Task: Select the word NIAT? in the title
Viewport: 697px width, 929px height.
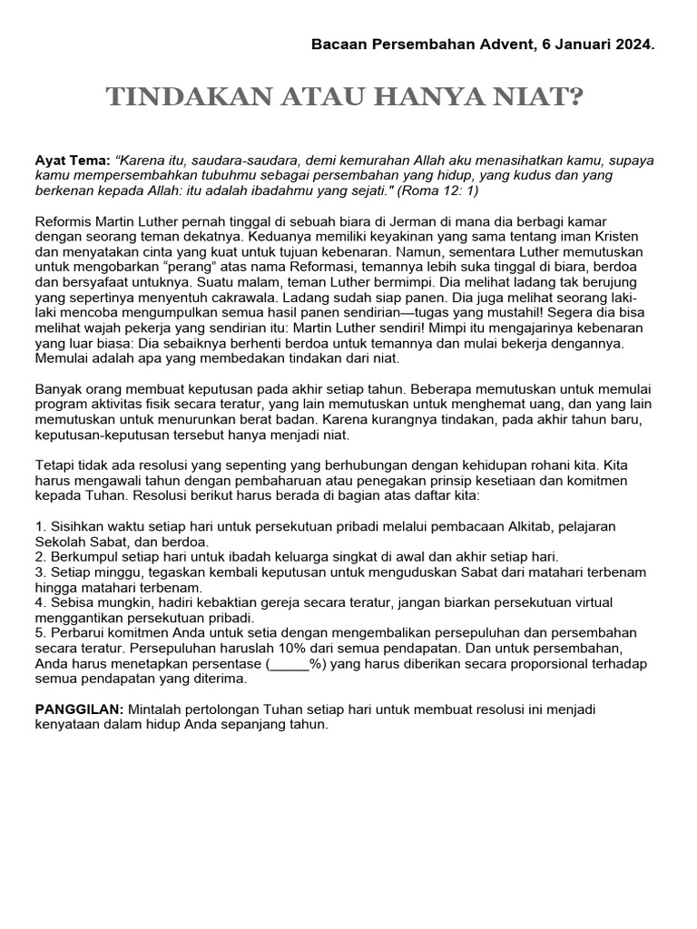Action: (x=544, y=98)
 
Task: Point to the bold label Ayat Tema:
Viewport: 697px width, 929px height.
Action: (x=73, y=160)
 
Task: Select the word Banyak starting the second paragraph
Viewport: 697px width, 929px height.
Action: (x=57, y=390)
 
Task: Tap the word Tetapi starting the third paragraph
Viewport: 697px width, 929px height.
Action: (x=55, y=465)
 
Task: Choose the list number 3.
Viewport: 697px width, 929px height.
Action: (x=39, y=572)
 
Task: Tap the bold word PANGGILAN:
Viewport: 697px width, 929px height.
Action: (x=80, y=710)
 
